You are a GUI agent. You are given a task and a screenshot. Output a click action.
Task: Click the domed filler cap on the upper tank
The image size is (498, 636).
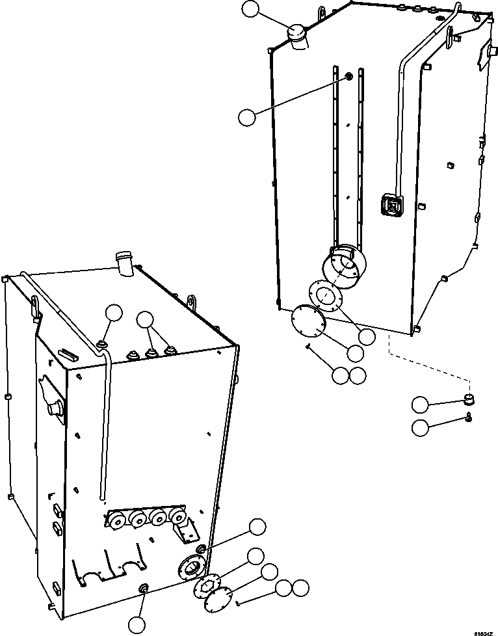[x=297, y=35]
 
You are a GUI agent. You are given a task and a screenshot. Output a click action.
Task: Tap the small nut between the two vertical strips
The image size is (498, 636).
[x=348, y=77]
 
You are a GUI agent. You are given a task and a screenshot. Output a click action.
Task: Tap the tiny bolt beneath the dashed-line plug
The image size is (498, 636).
[x=469, y=417]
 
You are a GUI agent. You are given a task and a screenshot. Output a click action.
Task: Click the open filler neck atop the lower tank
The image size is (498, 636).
[x=124, y=264]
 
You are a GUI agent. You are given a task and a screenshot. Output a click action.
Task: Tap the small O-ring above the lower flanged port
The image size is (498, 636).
[x=201, y=551]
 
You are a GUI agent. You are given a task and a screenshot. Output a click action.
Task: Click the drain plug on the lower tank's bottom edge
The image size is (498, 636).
[x=142, y=589]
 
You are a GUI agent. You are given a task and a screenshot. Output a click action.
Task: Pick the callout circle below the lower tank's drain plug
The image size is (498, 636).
[x=136, y=624]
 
